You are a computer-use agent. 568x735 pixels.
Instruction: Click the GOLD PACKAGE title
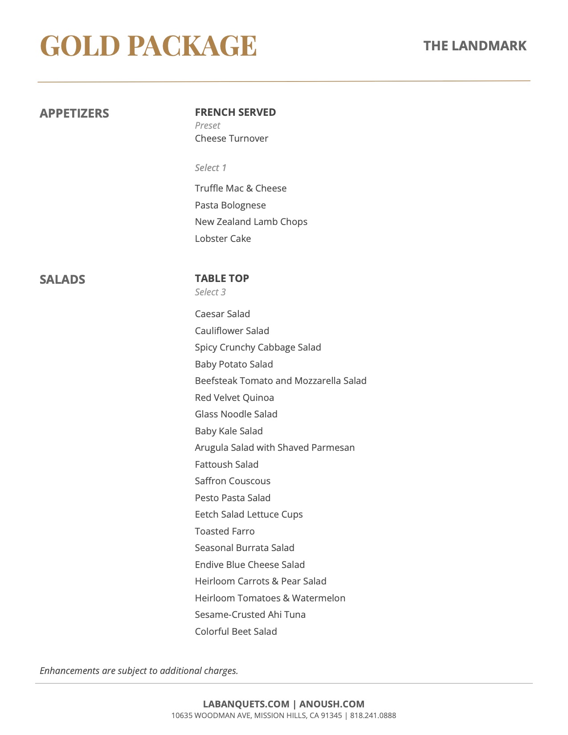(148, 46)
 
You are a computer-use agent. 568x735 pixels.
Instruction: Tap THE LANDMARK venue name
(475, 46)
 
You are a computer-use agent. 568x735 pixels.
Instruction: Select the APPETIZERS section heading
(74, 113)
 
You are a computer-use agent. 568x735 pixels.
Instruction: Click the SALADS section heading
(62, 279)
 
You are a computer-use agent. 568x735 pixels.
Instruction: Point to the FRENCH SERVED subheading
(235, 112)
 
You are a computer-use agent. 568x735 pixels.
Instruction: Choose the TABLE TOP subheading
(222, 278)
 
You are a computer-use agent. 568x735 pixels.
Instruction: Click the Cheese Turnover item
(231, 139)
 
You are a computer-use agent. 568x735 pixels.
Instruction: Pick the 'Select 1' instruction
(210, 168)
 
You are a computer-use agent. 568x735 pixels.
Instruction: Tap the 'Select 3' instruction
(210, 292)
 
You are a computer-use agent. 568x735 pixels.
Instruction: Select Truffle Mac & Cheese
(241, 188)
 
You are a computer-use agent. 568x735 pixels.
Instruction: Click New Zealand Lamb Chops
(251, 222)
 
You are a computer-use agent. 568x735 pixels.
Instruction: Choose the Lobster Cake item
(223, 239)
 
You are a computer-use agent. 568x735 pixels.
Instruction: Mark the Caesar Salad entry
(222, 314)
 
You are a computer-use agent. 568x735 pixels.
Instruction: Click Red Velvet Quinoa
(234, 398)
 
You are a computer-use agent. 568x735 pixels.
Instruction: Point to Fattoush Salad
(226, 465)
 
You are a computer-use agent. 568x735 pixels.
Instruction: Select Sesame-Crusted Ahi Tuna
(250, 615)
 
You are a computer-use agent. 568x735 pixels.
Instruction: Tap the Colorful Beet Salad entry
(236, 632)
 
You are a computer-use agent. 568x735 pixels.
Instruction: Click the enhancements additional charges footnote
(139, 671)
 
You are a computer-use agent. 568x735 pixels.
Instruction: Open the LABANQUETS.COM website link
(246, 704)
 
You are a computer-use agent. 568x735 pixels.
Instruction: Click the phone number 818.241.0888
(373, 716)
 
